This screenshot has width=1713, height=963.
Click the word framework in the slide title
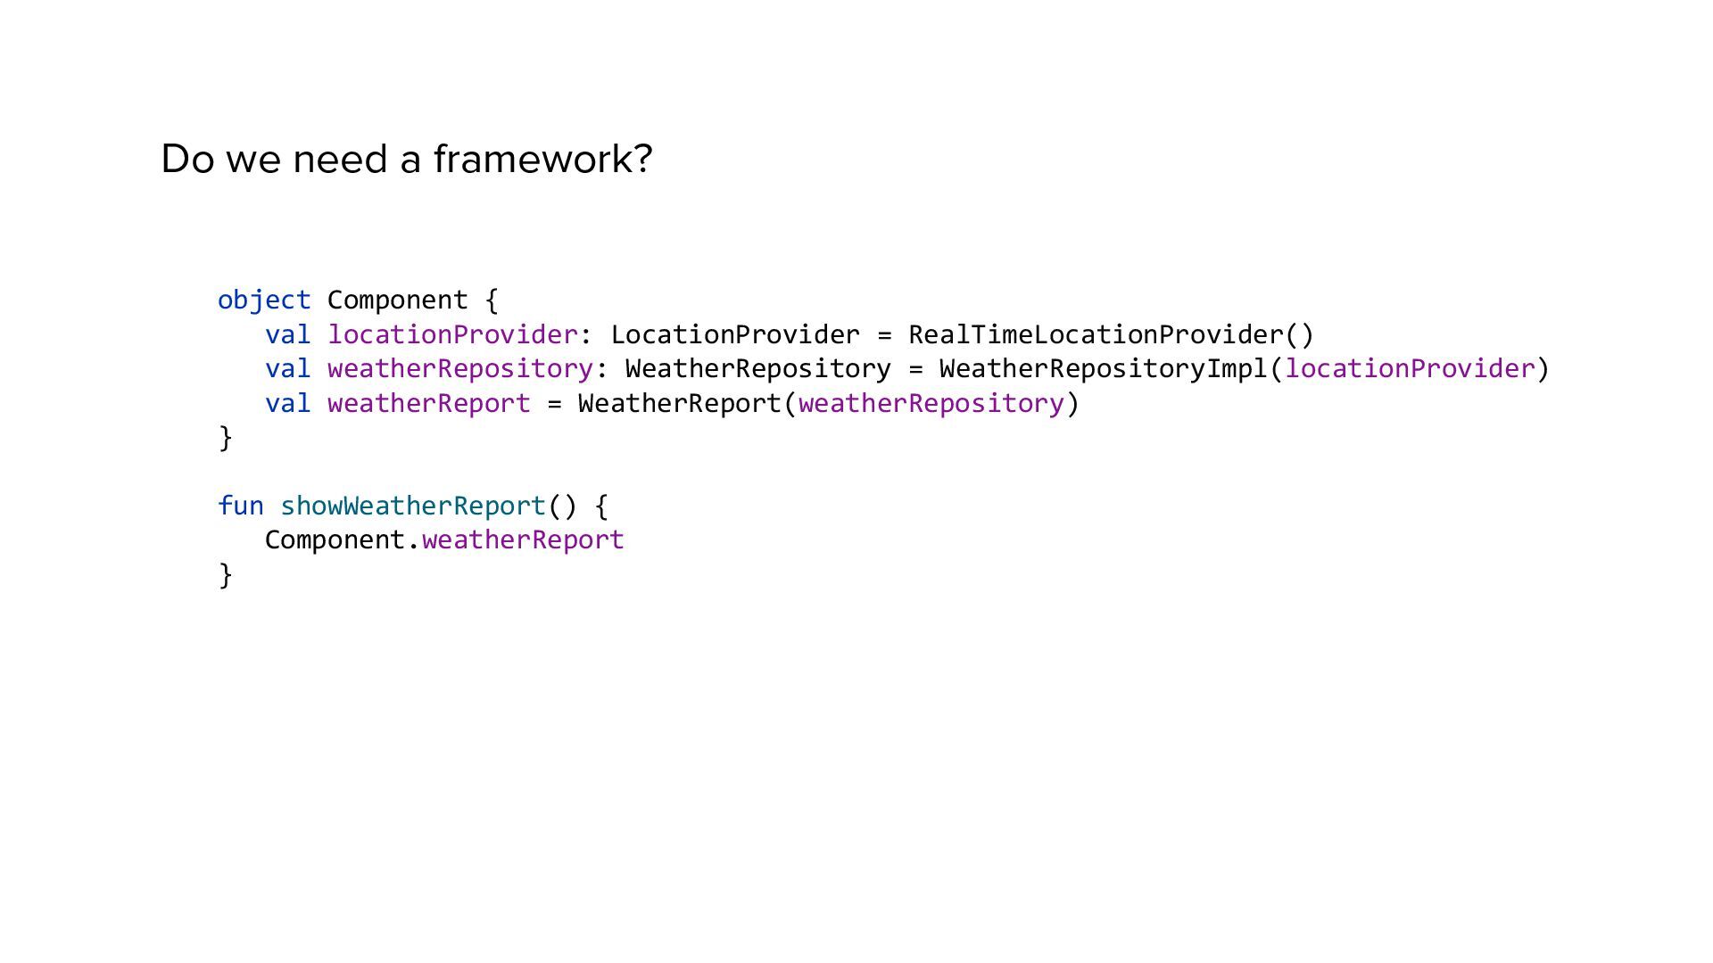pyautogui.click(x=542, y=160)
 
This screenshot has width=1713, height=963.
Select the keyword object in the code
pyautogui.click(x=264, y=300)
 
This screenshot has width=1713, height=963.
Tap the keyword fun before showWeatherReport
pyautogui.click(x=240, y=506)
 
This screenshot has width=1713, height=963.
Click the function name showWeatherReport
pyautogui.click(x=412, y=506)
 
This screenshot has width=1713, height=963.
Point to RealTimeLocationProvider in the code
pyautogui.click(x=1096, y=335)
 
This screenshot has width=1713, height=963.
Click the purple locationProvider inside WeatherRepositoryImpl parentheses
pyautogui.click(x=1410, y=369)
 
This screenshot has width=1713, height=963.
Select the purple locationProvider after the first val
pyautogui.click(x=453, y=335)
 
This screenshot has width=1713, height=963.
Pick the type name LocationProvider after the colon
pyautogui.click(x=735, y=335)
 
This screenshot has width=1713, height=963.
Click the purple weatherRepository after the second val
pyautogui.click(x=460, y=369)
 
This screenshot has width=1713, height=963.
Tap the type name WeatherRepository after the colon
pyautogui.click(x=758, y=369)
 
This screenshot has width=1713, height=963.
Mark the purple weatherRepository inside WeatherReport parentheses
pyautogui.click(x=931, y=404)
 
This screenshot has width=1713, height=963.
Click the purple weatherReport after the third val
pyautogui.click(x=429, y=404)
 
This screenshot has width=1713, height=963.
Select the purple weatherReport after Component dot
pyautogui.click(x=523, y=540)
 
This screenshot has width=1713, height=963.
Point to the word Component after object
pyautogui.click(x=397, y=300)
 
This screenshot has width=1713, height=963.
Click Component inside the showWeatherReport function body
pyautogui.click(x=335, y=540)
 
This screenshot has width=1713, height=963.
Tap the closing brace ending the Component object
pyautogui.click(x=226, y=438)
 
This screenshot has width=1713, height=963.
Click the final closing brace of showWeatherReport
pyautogui.click(x=226, y=575)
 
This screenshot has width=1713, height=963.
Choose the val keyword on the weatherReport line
pyautogui.click(x=287, y=404)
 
